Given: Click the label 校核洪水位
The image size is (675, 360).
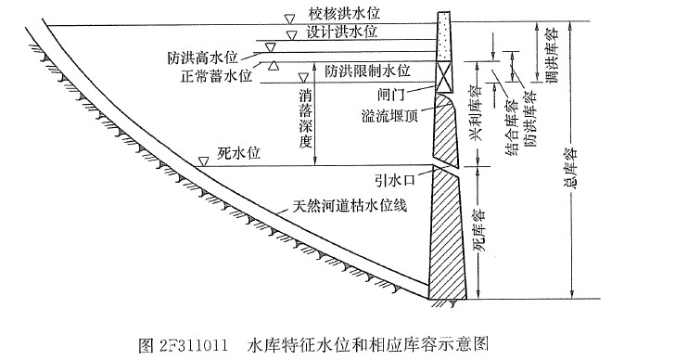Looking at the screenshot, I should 345,15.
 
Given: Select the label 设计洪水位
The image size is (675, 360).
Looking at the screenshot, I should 345,32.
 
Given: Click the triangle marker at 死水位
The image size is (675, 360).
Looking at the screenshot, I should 203,161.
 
